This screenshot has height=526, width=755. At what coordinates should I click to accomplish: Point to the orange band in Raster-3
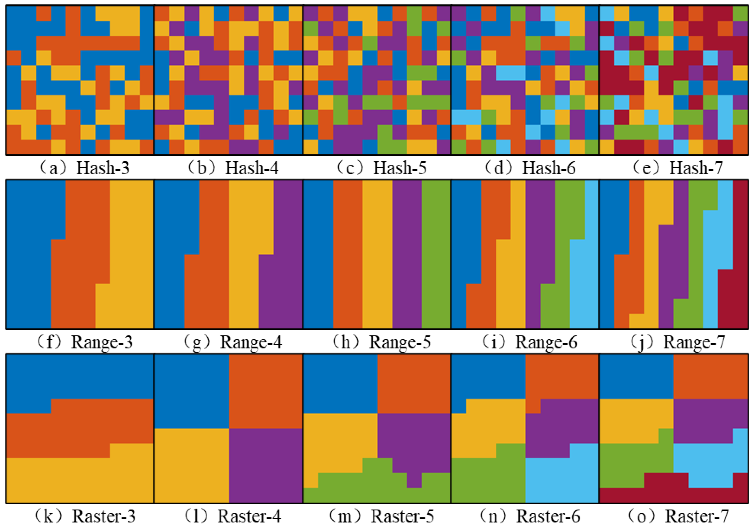click(x=79, y=428)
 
